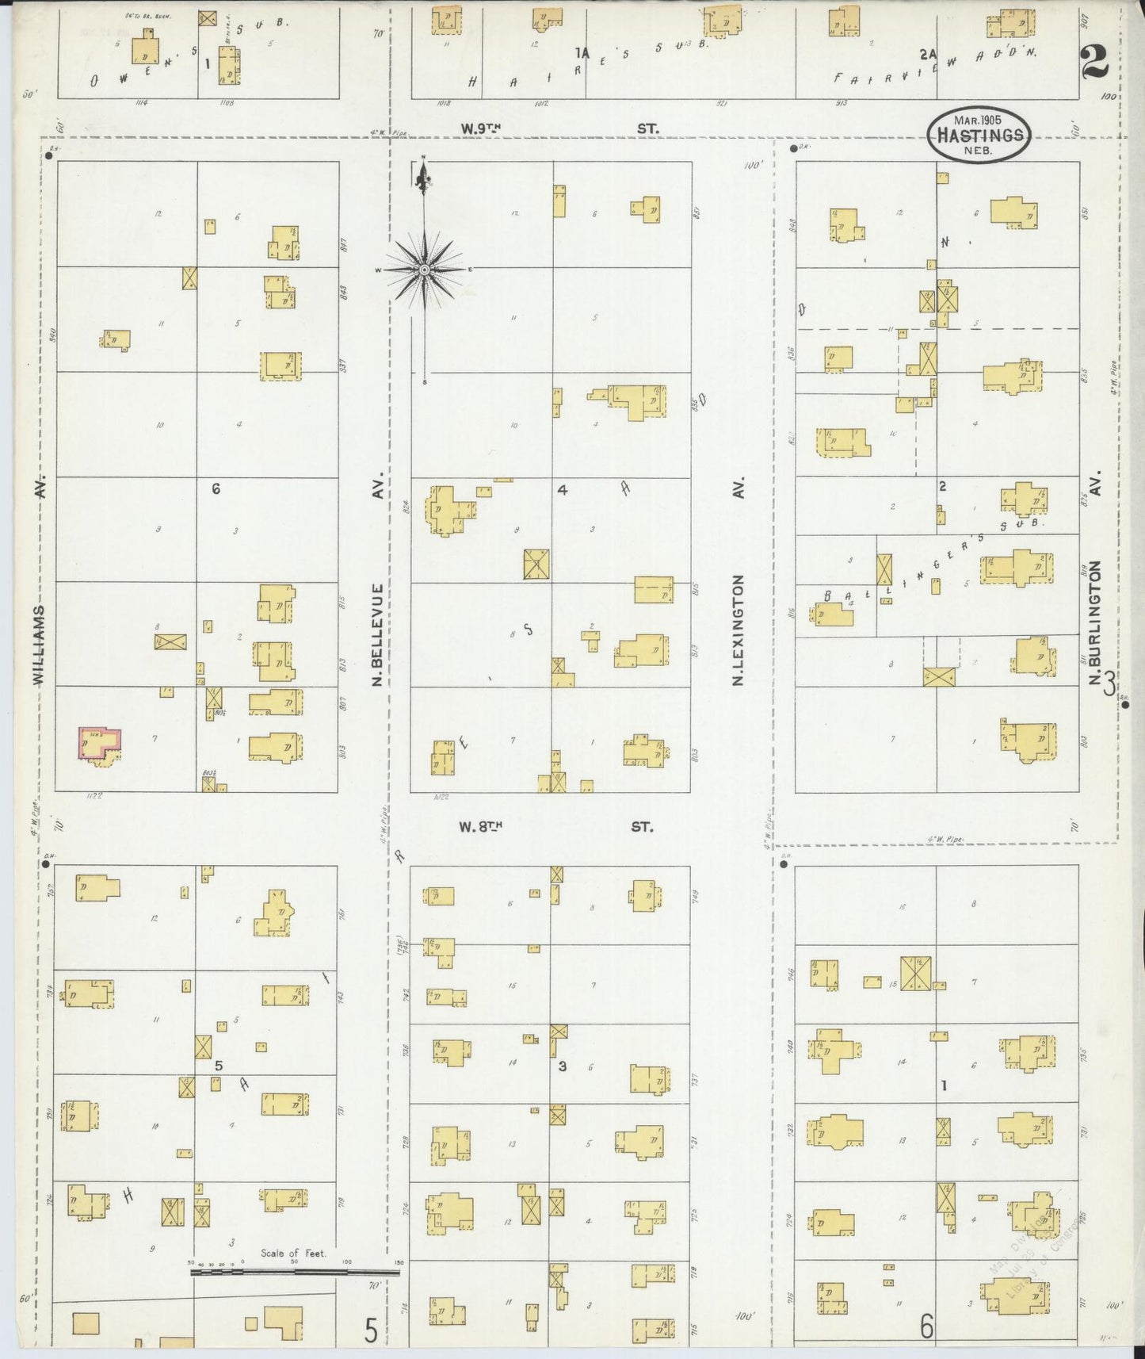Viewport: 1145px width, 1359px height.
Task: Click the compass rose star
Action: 425,270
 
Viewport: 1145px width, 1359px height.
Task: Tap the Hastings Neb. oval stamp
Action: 979,135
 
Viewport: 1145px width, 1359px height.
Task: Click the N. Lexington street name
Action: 738,630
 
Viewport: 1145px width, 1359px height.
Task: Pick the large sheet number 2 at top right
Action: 1094,59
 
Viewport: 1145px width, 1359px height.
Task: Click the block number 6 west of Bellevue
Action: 216,490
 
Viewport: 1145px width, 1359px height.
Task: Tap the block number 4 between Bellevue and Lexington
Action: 562,490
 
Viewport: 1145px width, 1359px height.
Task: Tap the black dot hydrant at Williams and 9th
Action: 49,156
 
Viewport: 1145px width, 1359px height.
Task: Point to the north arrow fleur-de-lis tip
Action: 424,169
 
